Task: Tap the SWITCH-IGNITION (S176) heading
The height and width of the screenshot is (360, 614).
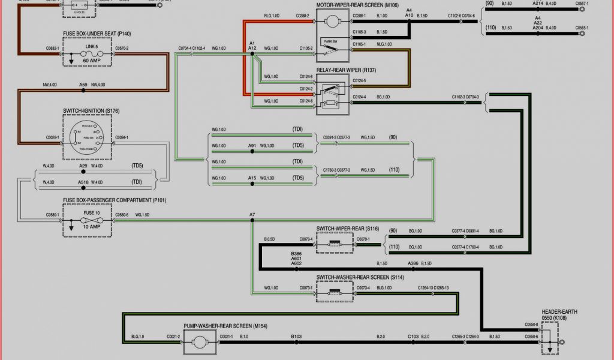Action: [91, 111]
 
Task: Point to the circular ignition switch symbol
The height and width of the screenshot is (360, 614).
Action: [88, 137]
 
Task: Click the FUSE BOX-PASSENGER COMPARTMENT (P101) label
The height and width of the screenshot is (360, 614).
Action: [114, 200]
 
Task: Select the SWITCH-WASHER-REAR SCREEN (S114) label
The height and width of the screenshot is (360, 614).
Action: [356, 277]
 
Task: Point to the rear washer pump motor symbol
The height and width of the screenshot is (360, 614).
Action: [199, 342]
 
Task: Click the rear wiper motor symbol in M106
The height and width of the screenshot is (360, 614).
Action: [331, 22]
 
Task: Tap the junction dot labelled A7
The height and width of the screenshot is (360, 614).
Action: [252, 221]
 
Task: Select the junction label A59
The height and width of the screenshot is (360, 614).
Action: [83, 85]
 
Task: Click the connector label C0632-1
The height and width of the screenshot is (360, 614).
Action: [53, 48]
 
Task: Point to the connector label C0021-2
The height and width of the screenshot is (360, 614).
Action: [173, 337]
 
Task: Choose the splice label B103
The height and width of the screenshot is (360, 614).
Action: [296, 337]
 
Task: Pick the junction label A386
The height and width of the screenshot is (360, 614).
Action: [413, 263]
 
